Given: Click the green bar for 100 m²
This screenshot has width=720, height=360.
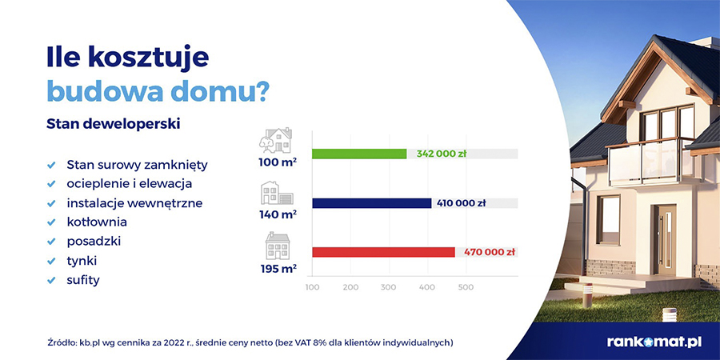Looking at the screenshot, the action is click(x=359, y=154).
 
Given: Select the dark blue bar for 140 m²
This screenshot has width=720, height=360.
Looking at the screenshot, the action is click(x=371, y=203).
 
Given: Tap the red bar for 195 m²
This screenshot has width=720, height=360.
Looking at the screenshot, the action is click(x=383, y=252).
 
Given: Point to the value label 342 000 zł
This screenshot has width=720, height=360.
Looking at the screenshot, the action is click(x=442, y=154).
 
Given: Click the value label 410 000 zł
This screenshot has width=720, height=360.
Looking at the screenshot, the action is click(x=461, y=203).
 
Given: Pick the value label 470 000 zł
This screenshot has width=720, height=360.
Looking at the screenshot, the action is click(x=489, y=252).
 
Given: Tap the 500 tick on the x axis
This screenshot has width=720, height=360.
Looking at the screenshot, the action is click(x=466, y=287).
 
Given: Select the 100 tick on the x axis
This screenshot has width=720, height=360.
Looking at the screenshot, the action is click(x=312, y=287).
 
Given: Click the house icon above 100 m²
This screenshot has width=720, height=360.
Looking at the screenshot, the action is click(x=275, y=140).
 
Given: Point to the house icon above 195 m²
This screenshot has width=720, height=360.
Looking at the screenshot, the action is click(x=278, y=246).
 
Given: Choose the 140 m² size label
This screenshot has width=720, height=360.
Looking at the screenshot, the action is click(x=278, y=214).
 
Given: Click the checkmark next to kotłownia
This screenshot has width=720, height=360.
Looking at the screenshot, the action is click(x=51, y=222).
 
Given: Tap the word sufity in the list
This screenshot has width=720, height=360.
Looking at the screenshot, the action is click(x=83, y=280).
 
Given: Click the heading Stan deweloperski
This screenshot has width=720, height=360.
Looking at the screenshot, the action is click(x=113, y=124).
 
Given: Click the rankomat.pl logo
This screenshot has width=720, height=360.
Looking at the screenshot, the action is click(x=654, y=342).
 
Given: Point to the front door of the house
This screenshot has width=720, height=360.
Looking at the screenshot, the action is click(x=665, y=240).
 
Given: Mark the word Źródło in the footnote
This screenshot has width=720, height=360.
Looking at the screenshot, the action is click(x=61, y=342).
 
